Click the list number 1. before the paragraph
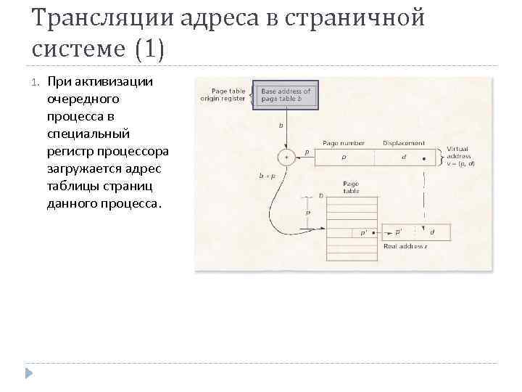[36, 81]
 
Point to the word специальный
[88, 134]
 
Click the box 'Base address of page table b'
[286, 96]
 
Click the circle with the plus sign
[287, 157]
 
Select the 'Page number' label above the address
[344, 143]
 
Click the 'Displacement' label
[404, 143]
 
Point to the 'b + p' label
[267, 176]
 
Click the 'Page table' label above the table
[351, 188]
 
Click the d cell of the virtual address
[403, 157]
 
